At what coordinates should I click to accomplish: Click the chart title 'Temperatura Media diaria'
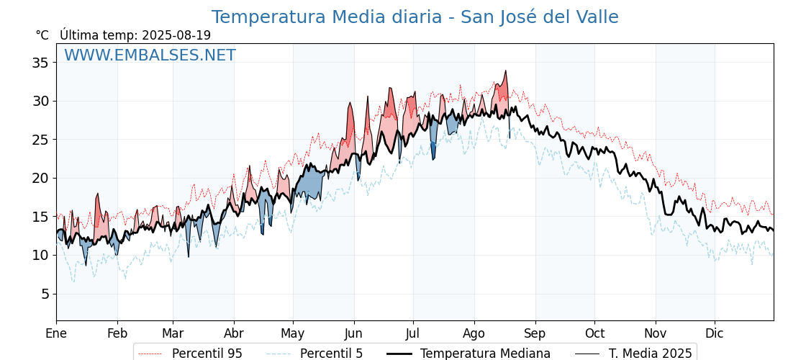(327, 17)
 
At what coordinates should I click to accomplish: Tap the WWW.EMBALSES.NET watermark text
(150, 55)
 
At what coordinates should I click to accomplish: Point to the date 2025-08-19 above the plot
(176, 35)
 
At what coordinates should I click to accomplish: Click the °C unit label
(42, 35)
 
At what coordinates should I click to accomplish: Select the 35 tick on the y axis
(40, 63)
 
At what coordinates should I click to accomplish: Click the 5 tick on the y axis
(44, 294)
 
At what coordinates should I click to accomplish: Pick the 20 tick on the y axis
(40, 179)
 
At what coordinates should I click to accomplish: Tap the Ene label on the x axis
(57, 334)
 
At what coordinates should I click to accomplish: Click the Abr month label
(234, 334)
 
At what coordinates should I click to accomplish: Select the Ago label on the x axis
(474, 334)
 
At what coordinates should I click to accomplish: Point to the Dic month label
(715, 334)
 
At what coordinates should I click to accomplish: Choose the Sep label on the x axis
(535, 334)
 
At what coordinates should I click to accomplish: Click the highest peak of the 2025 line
(506, 71)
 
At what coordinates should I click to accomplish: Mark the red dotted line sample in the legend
(150, 354)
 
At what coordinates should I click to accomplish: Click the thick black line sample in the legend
(399, 354)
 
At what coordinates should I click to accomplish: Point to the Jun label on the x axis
(353, 334)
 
